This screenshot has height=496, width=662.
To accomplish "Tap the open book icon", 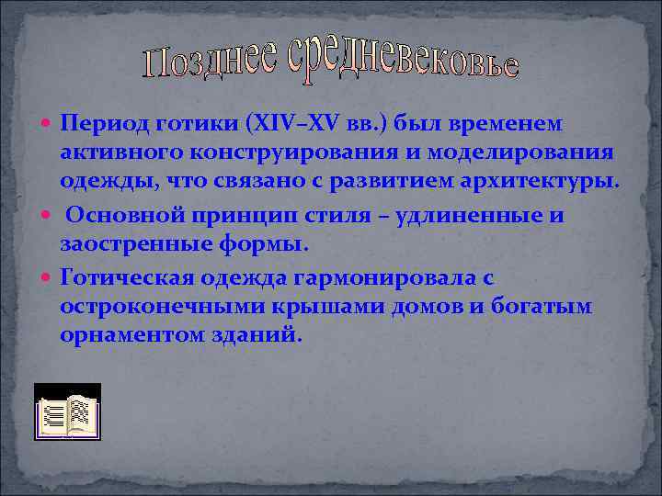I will pyautogui.click(x=67, y=410).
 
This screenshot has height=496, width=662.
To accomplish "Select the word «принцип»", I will pyautogui.click(x=243, y=215).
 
